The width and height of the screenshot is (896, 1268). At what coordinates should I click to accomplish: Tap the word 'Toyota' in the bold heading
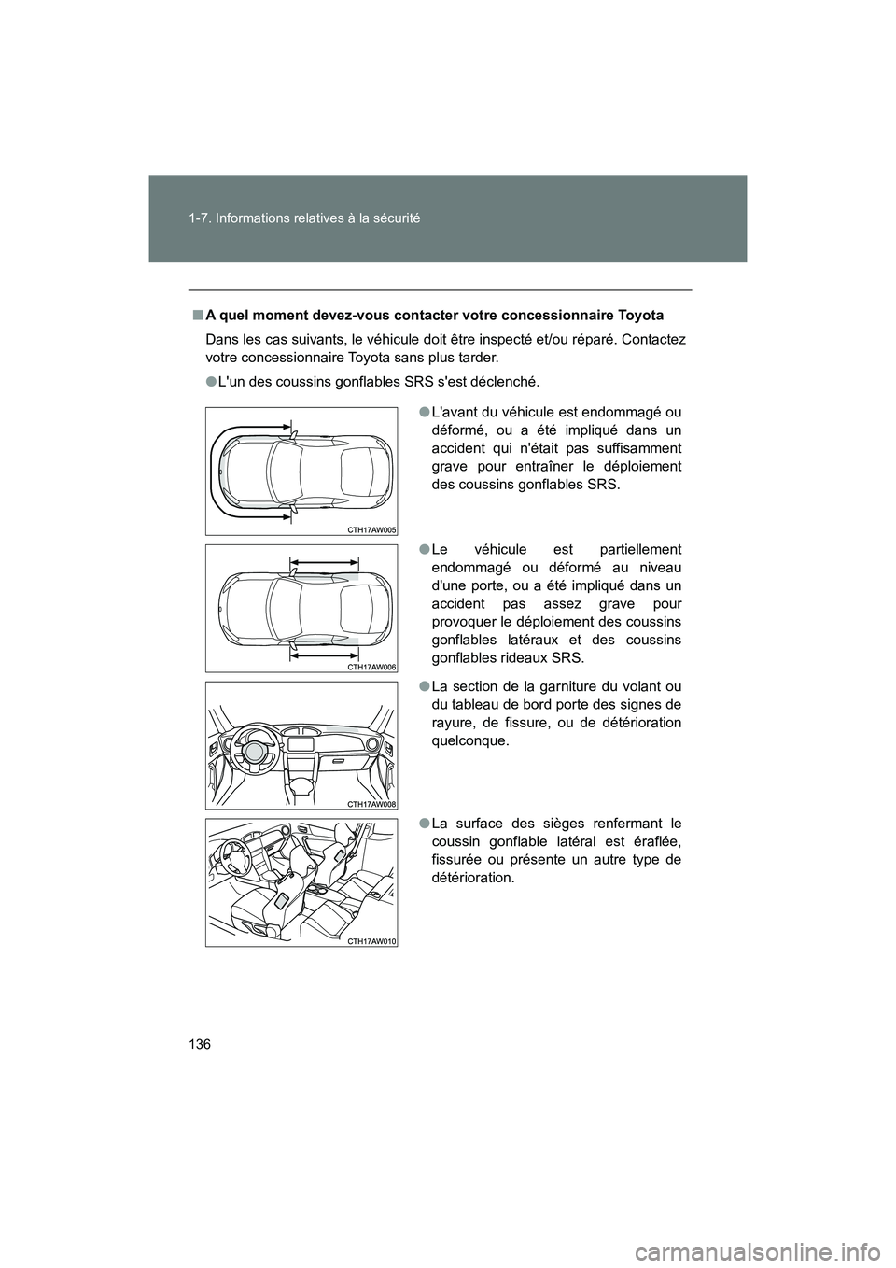coord(639,315)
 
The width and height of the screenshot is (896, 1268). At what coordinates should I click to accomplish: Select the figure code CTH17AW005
coord(371,528)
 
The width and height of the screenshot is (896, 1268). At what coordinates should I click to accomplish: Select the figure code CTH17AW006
coord(371,667)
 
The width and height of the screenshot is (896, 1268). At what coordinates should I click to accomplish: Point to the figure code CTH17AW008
coord(371,803)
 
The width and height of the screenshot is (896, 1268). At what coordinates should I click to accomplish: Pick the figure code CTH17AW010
coord(371,941)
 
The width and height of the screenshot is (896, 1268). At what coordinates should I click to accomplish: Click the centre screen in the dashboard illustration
coord(301,744)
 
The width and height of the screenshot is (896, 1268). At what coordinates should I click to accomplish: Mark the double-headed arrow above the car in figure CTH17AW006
coord(324,561)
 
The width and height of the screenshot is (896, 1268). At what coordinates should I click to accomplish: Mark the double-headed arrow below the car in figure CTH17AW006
coord(324,656)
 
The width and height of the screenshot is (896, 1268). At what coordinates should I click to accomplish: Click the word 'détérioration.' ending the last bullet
coord(472,878)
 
